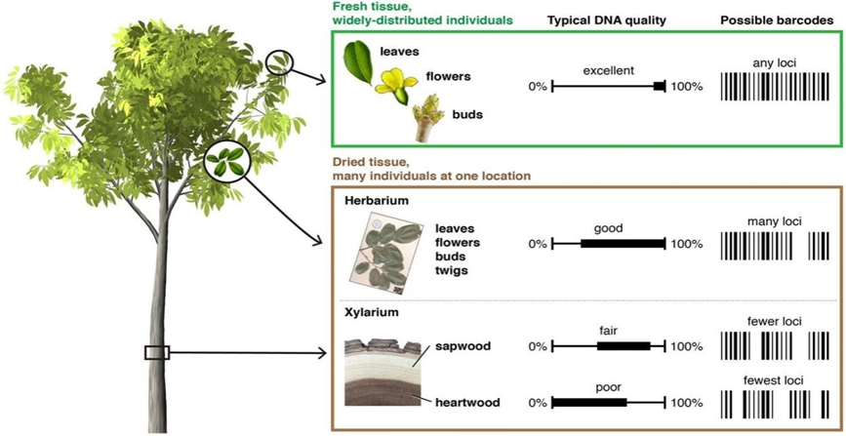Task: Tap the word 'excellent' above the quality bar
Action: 609,70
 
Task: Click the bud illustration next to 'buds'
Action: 428,115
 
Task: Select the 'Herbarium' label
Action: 376,200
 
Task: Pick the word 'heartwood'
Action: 461,402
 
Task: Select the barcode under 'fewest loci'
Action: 778,404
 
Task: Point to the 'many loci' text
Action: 774,222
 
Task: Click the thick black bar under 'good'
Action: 622,243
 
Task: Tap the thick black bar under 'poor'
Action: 588,402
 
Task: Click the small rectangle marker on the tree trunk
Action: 157,352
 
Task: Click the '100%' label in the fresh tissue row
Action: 687,88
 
